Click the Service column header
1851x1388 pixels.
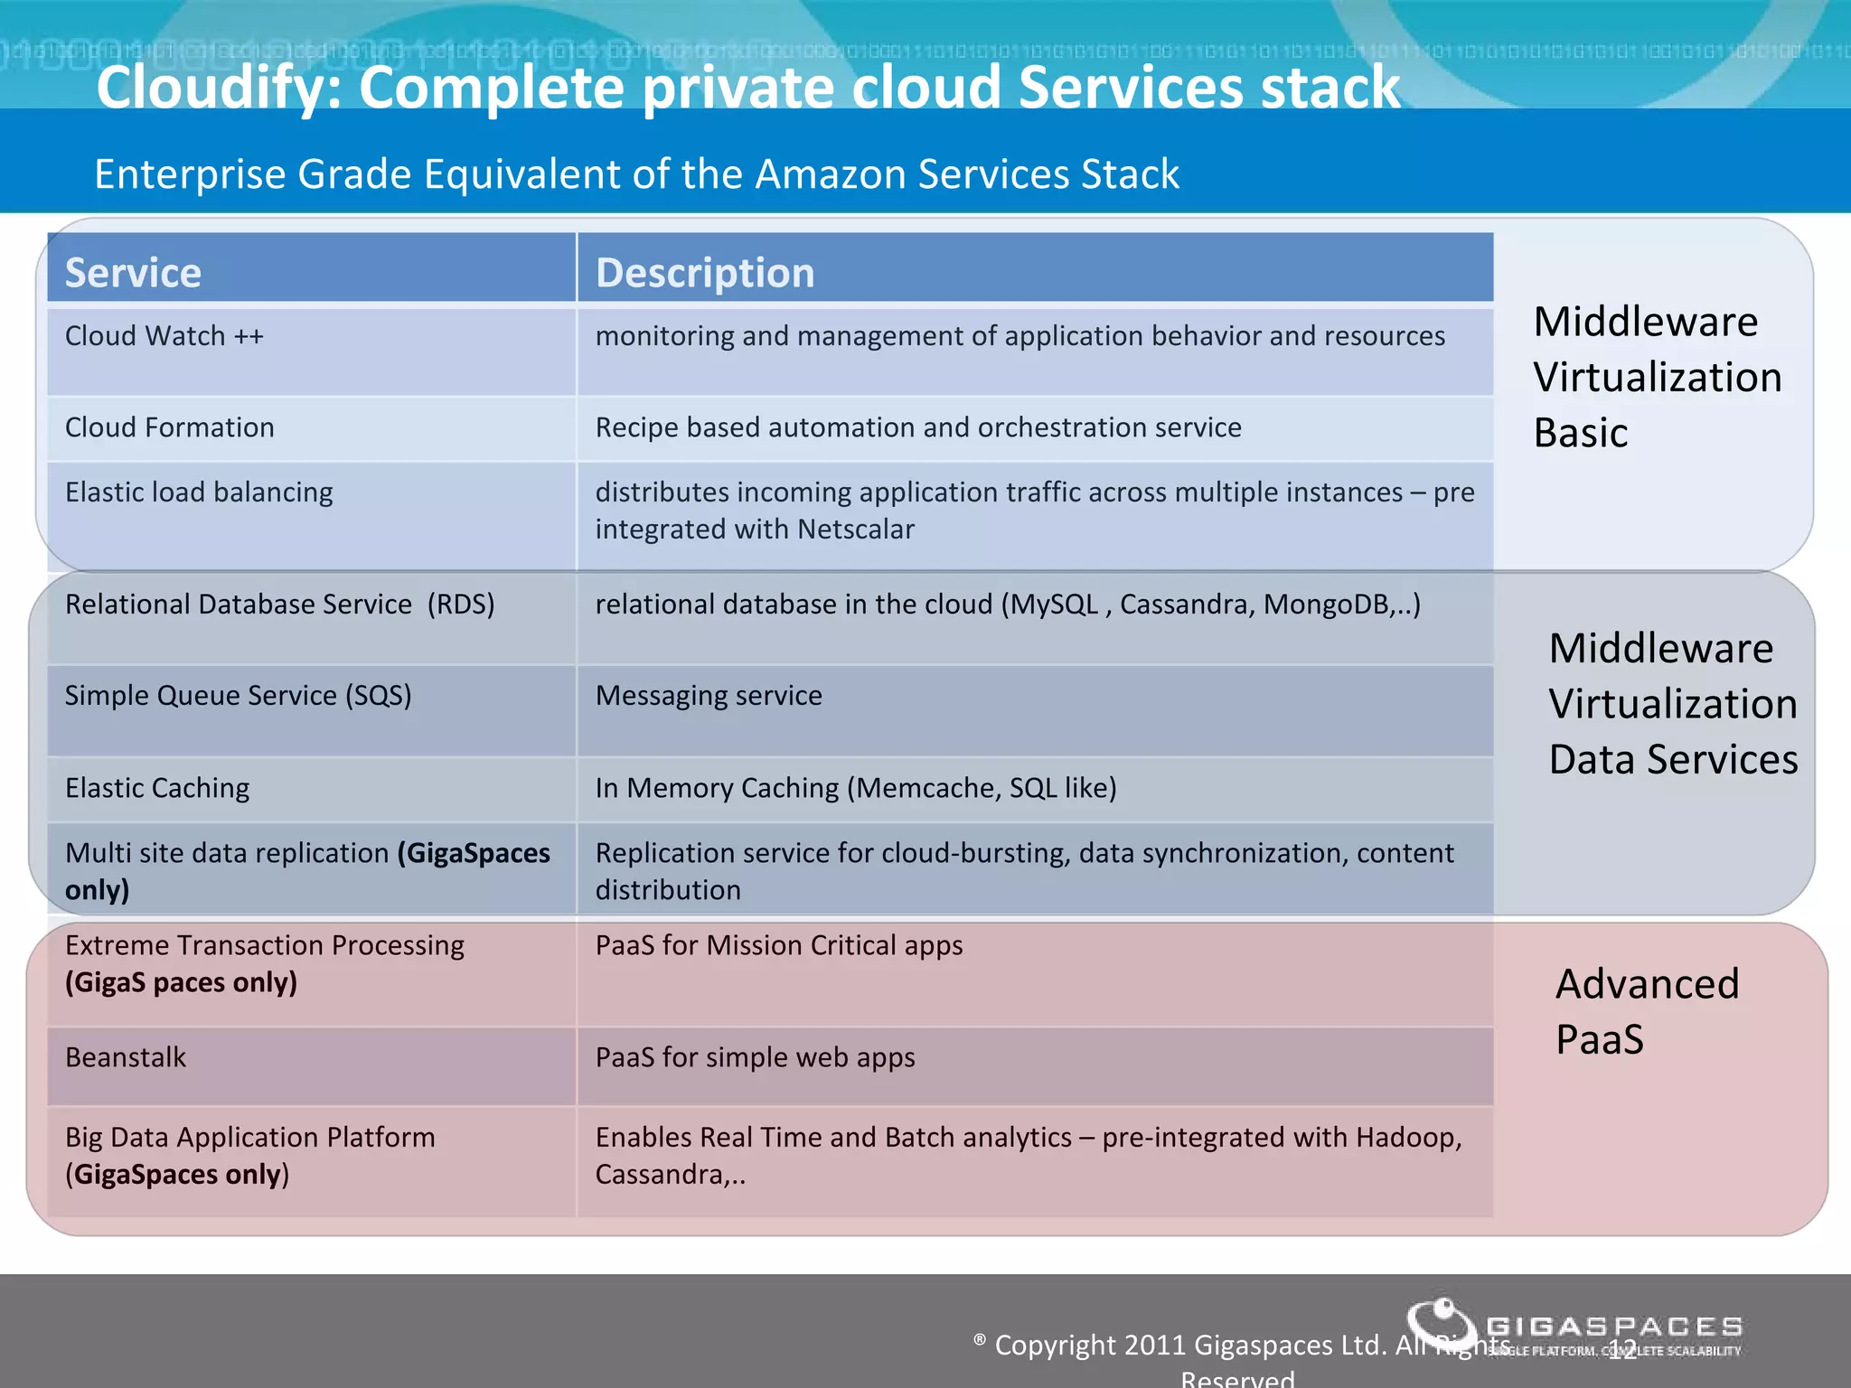pos(133,272)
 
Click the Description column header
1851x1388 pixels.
pos(705,272)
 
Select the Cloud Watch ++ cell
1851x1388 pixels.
pos(164,336)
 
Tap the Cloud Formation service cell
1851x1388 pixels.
pos(170,427)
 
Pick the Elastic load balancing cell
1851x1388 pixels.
pos(199,492)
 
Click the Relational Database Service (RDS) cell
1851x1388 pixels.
pos(279,605)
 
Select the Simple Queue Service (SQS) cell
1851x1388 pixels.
pos(238,696)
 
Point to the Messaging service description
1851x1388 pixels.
pos(709,696)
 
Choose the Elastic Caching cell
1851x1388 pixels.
pos(157,788)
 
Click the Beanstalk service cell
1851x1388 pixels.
pos(126,1057)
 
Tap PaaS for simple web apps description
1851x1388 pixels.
pos(755,1057)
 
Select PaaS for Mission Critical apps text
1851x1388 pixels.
pos(778,945)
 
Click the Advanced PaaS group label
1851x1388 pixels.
pos(1646,1010)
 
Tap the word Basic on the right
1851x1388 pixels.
pos(1580,433)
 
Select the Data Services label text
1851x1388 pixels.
pos(1673,759)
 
